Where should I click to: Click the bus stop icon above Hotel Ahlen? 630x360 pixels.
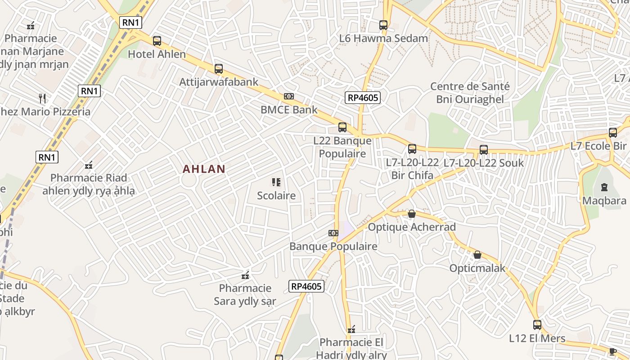pos(157,41)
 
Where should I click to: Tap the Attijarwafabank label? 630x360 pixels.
pos(219,82)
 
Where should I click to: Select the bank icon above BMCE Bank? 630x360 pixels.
pos(289,96)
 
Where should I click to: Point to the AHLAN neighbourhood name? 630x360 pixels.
pos(204,169)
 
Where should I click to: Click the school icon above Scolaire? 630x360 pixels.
pos(276,182)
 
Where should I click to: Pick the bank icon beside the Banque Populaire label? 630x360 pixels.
pos(333,233)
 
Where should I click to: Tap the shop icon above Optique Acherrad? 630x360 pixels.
pos(411,214)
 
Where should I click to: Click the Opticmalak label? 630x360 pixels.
pos(477,269)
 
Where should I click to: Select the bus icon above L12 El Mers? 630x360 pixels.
pos(537,324)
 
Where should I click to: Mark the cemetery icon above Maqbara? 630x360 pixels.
pos(604,187)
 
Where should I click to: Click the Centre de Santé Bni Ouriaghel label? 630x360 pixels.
pos(470,93)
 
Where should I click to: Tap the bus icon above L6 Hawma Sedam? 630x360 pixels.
pos(383,25)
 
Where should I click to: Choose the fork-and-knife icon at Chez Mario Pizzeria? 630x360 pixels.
pos(42,98)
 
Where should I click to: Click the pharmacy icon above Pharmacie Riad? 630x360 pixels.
pos(89,165)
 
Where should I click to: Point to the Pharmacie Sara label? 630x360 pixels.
pos(245,294)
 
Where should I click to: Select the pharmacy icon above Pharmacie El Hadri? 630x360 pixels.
pos(351,329)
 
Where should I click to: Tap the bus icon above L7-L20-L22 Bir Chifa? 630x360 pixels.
pos(412,149)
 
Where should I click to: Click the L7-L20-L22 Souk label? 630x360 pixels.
pos(484,162)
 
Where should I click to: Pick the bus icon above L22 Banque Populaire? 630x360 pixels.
pos(342,127)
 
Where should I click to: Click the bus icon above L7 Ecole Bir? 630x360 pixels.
pos(612,133)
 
